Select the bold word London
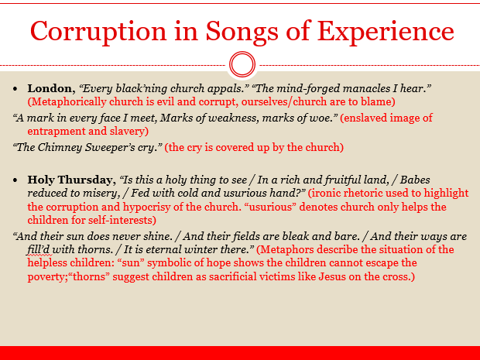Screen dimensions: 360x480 [51, 88]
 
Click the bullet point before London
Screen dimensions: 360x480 [17, 88]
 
